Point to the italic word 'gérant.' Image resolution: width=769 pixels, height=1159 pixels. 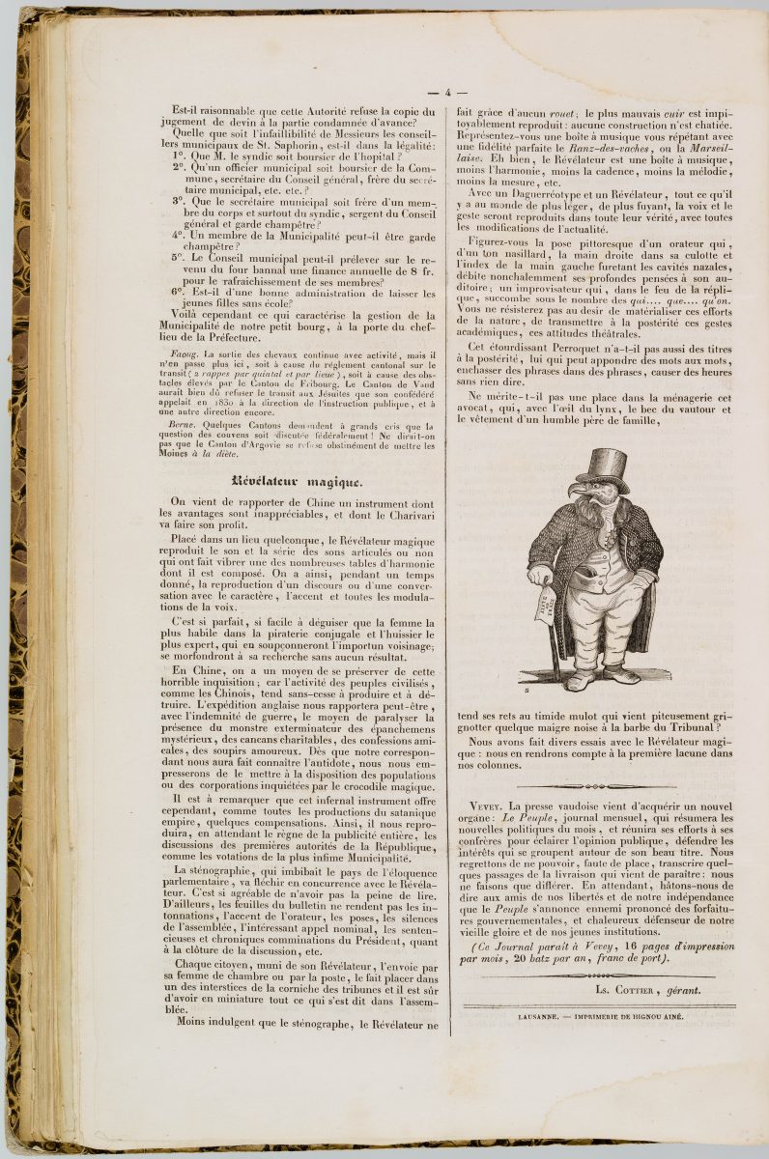[682, 992]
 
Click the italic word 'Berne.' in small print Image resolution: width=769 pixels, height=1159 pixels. [184, 426]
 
